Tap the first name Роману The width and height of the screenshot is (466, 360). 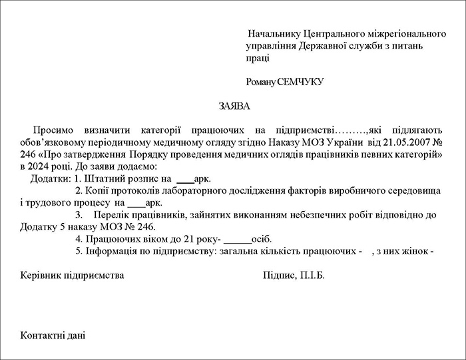pyautogui.click(x=261, y=82)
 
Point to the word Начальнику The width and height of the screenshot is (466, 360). pyautogui.click(x=273, y=33)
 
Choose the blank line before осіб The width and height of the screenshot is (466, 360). pyautogui.click(x=238, y=240)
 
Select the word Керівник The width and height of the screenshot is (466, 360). pyautogui.click(x=41, y=275)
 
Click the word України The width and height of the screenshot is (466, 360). pyautogui.click(x=343, y=143)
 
